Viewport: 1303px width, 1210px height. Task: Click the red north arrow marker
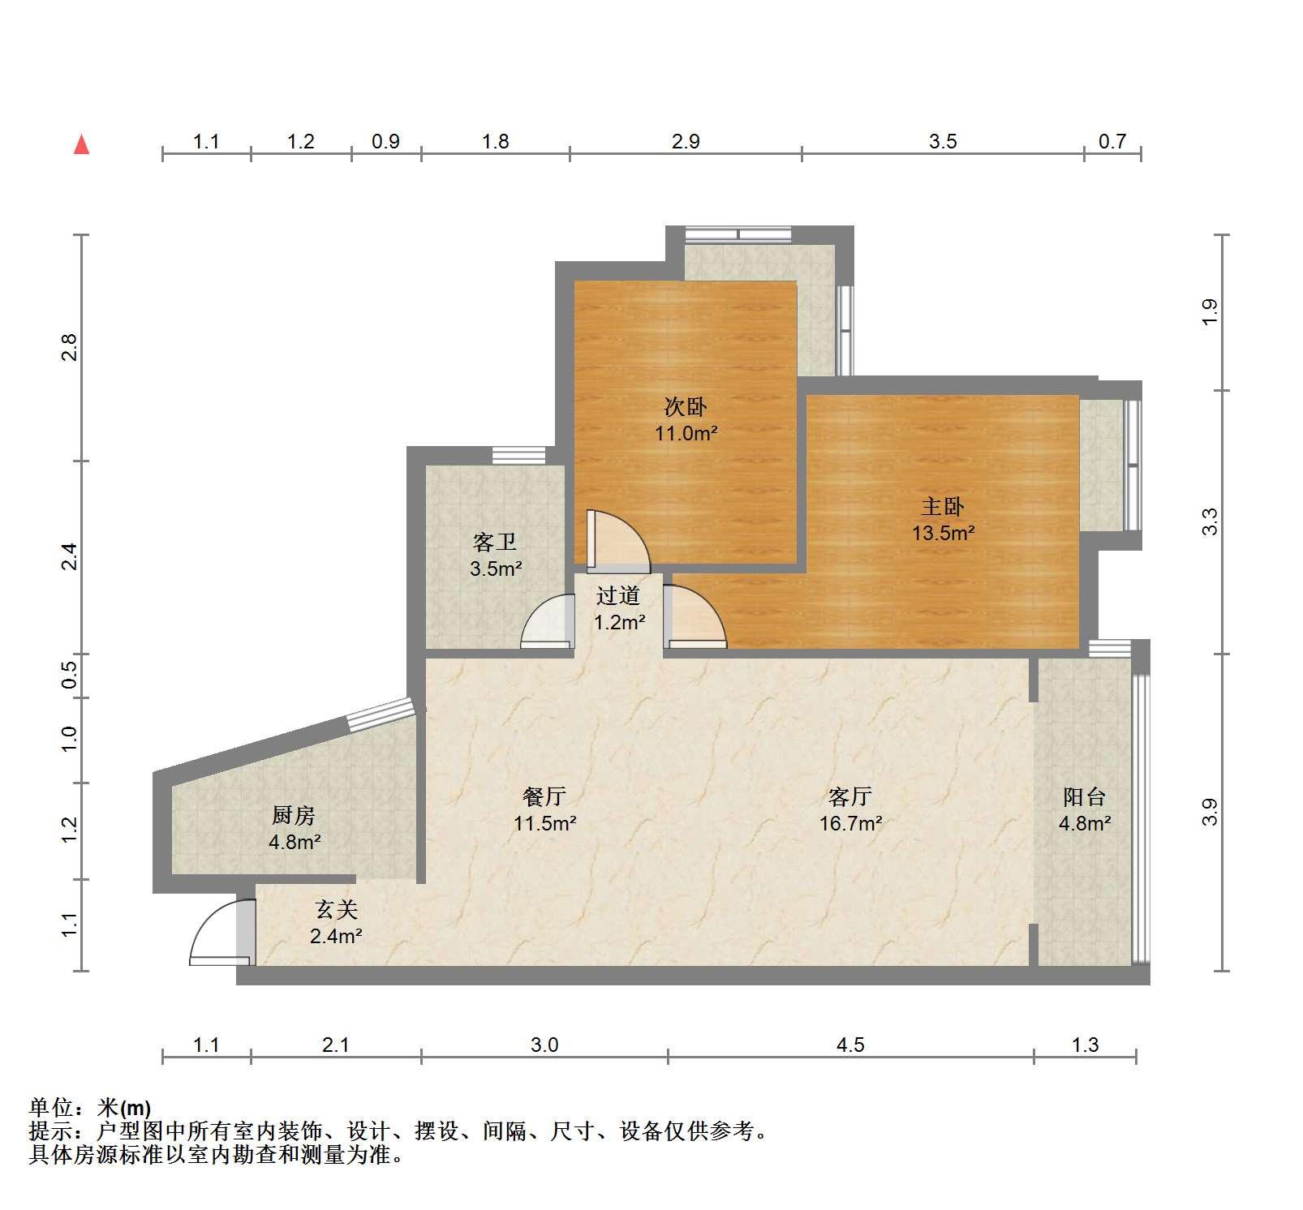(81, 144)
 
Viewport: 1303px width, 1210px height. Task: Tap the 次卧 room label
(686, 407)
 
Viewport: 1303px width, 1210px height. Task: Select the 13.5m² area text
(943, 533)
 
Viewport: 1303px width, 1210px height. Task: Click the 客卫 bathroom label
(495, 542)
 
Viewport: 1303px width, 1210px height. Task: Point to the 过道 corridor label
(618, 596)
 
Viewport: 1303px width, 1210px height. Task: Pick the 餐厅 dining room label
(544, 796)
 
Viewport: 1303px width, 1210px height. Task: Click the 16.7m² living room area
(850, 823)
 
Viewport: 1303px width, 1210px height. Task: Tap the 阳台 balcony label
(1085, 796)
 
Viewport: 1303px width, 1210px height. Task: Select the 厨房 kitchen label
(294, 815)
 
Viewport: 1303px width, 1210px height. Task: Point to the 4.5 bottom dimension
(850, 1045)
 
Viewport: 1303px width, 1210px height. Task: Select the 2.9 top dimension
(686, 141)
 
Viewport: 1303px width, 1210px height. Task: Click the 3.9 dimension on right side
(1209, 812)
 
